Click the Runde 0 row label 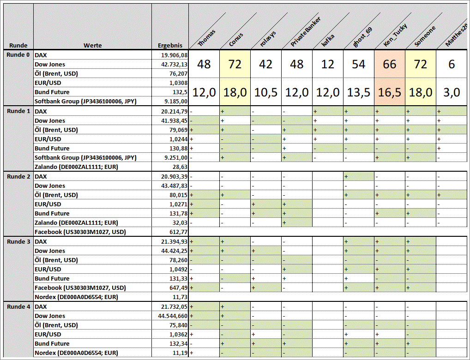(x=18, y=55)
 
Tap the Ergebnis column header (x=170, y=45)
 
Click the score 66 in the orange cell (x=390, y=64)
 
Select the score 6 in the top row (x=452, y=64)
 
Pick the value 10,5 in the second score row (x=266, y=92)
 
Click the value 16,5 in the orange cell (x=390, y=92)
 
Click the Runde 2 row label (x=18, y=176)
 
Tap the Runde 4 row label (x=18, y=306)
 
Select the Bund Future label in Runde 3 (x=52, y=278)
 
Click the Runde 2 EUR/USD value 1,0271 (x=178, y=204)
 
